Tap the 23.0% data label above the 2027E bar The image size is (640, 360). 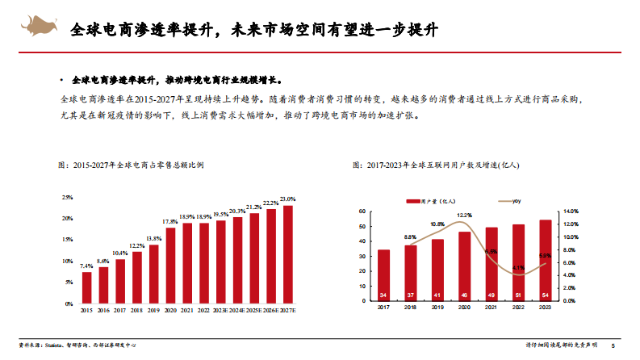coord(287,199)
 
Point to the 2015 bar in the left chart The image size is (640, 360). coord(86,287)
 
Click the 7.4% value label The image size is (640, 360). coord(86,266)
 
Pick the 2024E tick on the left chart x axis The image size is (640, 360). coord(237,310)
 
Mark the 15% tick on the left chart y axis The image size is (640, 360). coord(68,240)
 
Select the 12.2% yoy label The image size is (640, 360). coord(465,216)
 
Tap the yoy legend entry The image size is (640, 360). coord(510,200)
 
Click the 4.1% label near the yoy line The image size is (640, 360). coord(518,267)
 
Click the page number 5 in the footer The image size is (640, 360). coord(613,347)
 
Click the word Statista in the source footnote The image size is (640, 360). coord(52,347)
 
